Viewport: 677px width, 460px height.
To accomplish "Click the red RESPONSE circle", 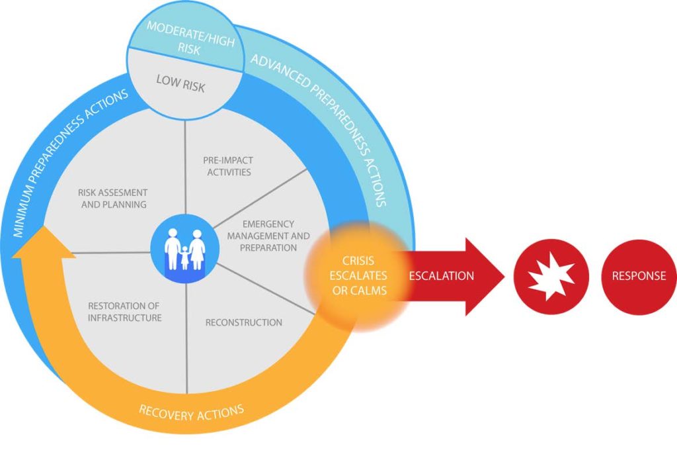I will [639, 276].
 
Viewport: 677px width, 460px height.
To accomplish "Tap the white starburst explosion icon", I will [551, 276].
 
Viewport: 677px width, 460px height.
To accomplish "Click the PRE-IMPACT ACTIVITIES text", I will [227, 166].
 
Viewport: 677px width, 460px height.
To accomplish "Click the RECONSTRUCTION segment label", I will [243, 322].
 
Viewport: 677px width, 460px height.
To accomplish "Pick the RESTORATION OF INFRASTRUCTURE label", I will [125, 312].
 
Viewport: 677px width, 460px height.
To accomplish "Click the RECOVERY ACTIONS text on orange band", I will [191, 412].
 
